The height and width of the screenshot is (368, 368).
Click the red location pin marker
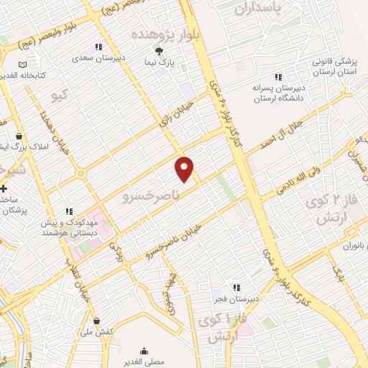tap(185, 168)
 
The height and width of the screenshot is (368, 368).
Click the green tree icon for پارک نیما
tap(159, 51)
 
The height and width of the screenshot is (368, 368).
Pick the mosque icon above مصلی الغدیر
tap(144, 351)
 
